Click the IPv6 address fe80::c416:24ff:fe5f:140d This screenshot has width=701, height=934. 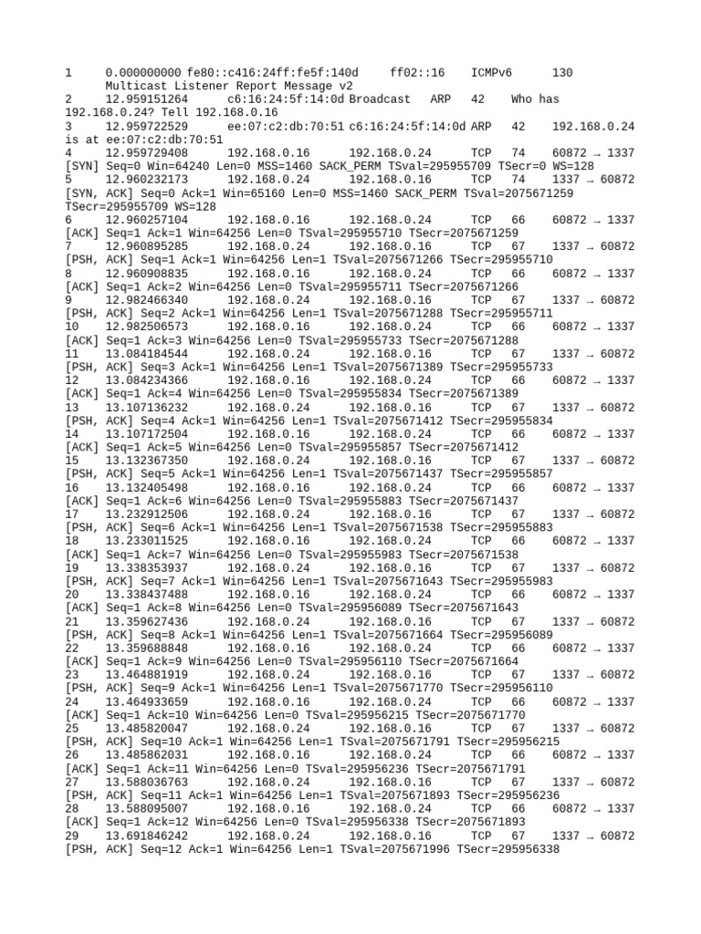273,72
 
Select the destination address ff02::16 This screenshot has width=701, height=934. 417,72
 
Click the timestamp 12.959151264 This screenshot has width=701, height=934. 147,99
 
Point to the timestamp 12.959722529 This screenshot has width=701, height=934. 147,126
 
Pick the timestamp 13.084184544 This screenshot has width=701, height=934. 147,353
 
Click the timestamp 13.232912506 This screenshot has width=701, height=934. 147,514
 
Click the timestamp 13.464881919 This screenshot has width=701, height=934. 147,674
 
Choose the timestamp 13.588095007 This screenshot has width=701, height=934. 147,808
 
